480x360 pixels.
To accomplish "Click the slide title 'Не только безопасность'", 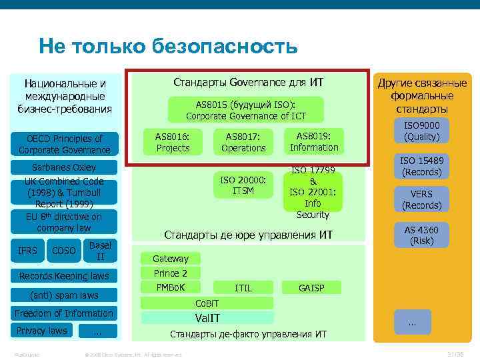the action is point(168,46).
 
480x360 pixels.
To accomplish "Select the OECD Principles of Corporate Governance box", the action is point(65,144).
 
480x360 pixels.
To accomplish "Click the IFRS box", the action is point(28,251).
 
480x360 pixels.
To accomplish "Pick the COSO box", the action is point(63,251).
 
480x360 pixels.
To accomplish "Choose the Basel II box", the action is point(100,251).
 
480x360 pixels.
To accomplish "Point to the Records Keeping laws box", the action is point(64,276).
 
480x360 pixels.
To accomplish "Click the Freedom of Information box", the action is point(64,313).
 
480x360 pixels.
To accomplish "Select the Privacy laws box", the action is point(41,331).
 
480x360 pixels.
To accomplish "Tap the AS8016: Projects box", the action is point(173,142).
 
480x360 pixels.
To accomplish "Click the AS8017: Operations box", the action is point(243,142).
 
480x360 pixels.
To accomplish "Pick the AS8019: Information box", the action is point(313,141).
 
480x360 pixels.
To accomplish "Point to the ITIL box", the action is point(243,288).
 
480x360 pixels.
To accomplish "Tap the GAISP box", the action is point(311,288).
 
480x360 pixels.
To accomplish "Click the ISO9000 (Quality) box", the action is point(426,131).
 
